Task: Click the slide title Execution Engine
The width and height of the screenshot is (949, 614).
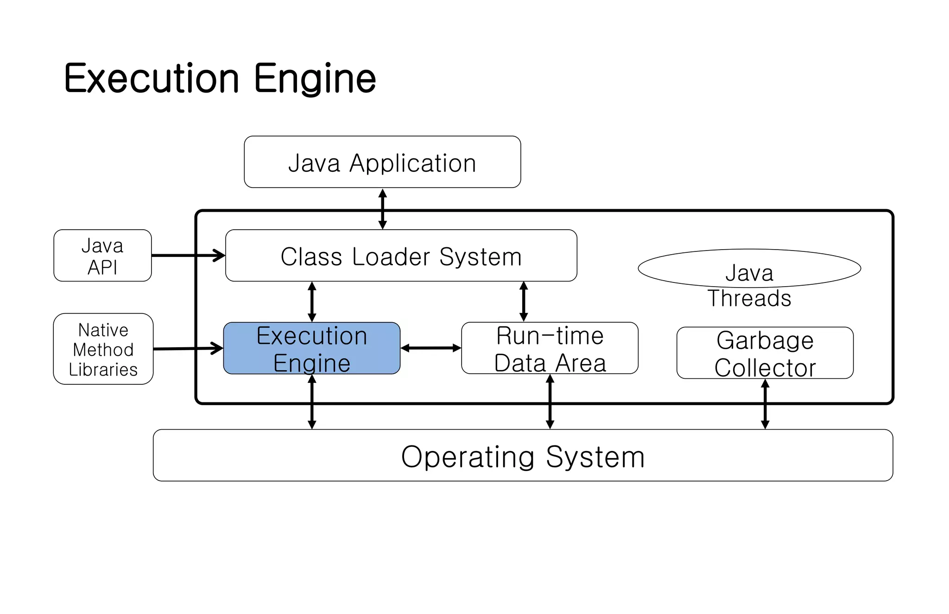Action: [220, 78]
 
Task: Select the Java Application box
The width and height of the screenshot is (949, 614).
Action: [382, 162]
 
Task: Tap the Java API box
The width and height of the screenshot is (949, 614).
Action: [102, 256]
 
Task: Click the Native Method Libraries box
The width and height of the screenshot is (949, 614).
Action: [103, 349]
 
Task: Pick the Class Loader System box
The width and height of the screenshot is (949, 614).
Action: [401, 256]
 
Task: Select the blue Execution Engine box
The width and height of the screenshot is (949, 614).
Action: [311, 348]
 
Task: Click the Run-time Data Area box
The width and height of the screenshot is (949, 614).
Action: [550, 348]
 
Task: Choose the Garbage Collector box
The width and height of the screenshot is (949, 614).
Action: [765, 353]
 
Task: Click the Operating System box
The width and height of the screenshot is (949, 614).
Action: [523, 456]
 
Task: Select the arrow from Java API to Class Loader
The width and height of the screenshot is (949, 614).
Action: [188, 255]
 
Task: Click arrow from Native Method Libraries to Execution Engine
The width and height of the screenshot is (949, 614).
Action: [188, 348]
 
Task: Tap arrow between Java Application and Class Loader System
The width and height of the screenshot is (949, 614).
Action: [382, 209]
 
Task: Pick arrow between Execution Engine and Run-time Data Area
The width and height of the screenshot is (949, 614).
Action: [430, 348]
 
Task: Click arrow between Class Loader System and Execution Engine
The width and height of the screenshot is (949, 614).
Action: [312, 302]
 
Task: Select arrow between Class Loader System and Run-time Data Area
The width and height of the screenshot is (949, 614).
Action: [524, 302]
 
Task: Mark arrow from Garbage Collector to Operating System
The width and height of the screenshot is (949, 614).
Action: [765, 404]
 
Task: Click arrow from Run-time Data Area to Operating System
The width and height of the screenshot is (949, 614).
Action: [550, 402]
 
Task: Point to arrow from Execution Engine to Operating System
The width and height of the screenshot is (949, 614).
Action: [312, 402]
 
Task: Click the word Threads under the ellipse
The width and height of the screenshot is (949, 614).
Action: [749, 299]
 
